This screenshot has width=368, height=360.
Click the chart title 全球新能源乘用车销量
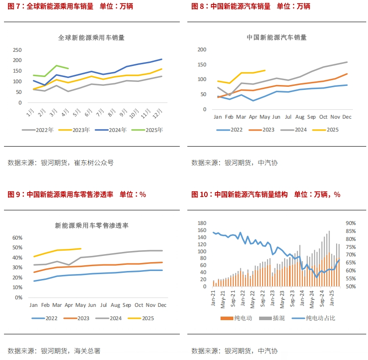click(91, 38)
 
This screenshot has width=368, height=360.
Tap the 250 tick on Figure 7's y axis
click(17, 50)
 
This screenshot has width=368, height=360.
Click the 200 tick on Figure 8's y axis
click(202, 50)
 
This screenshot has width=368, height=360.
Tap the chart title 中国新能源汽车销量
click(276, 38)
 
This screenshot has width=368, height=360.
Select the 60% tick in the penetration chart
click(17, 238)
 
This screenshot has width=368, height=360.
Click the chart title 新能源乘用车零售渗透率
click(91, 225)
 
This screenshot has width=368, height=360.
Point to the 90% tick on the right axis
click(351, 223)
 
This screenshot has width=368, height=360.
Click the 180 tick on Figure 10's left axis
click(201, 223)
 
